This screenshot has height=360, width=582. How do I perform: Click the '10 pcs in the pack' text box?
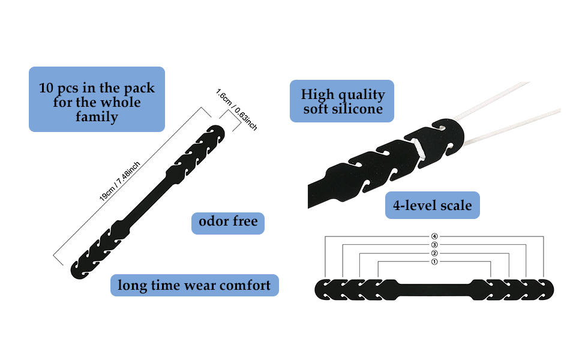tap(97, 99)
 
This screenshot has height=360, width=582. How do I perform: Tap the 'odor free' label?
tap(228, 222)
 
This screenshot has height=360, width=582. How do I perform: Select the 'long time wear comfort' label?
tap(194, 285)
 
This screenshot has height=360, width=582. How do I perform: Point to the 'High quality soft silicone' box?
tap(342, 101)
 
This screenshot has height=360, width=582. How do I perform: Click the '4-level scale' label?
tap(432, 206)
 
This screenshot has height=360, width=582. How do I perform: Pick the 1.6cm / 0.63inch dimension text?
tap(236, 109)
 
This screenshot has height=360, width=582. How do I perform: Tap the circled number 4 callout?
tap(434, 236)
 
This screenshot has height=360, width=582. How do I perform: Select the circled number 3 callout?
tap(434, 245)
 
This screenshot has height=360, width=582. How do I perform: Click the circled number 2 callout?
tap(434, 253)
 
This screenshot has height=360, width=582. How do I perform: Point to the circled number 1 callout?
tap(434, 262)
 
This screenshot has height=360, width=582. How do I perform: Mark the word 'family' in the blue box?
tap(97, 116)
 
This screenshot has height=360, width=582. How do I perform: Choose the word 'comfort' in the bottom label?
tap(245, 285)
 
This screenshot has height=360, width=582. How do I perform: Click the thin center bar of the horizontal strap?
tap(434, 289)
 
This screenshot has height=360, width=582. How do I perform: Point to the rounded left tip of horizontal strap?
tap(318, 289)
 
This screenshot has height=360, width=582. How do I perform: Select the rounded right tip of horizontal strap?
tap(550, 289)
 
